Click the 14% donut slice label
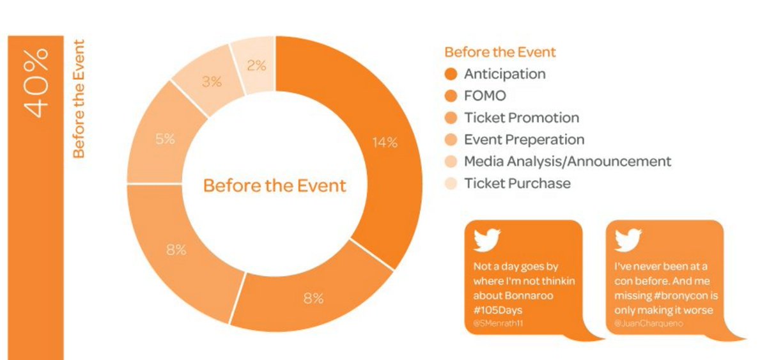(x=385, y=143)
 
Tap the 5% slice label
(x=165, y=139)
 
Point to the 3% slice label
(x=212, y=82)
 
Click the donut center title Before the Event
(x=274, y=186)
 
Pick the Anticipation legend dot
(x=451, y=74)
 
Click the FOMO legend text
(x=485, y=96)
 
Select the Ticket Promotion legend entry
(x=521, y=118)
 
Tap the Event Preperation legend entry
(x=523, y=139)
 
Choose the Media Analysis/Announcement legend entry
(x=567, y=161)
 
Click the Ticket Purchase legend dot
(x=451, y=184)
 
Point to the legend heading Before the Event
(x=500, y=52)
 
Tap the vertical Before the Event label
(x=79, y=99)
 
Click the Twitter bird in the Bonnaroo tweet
(x=486, y=240)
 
